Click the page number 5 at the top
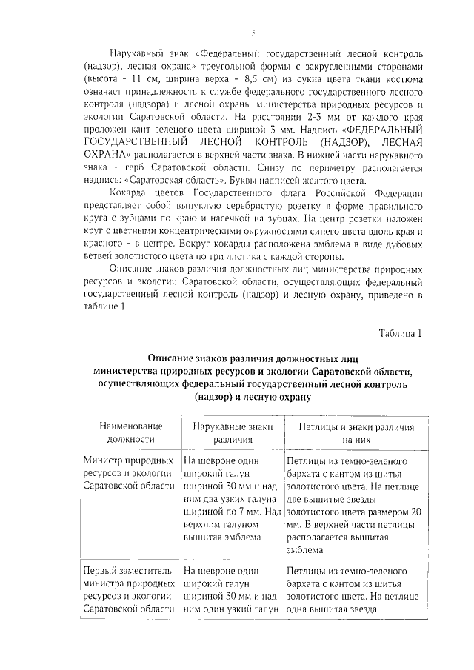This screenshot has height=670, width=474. tap(253, 32)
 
